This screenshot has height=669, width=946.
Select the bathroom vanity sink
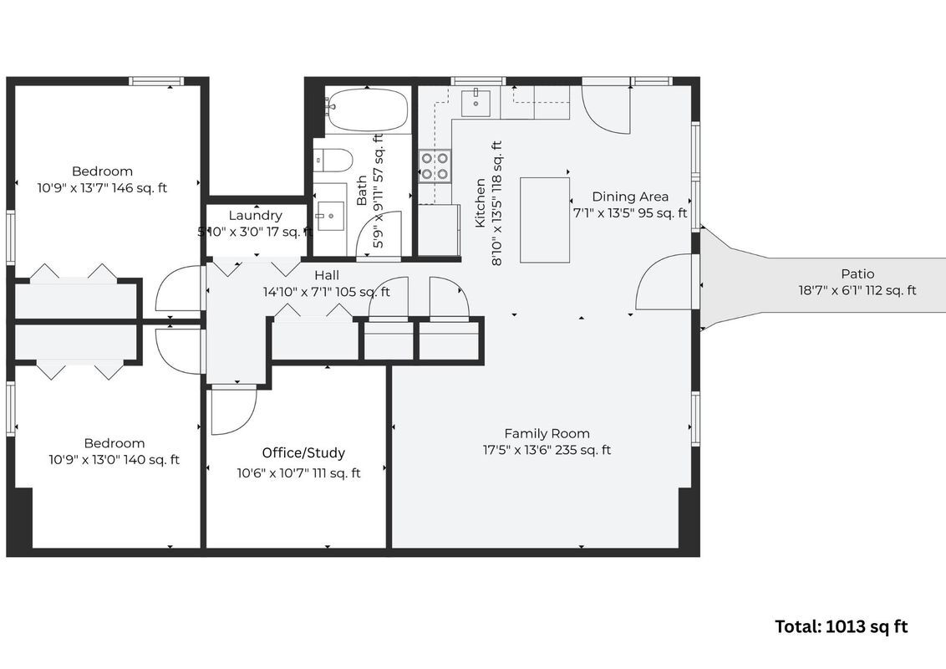coord(330,216)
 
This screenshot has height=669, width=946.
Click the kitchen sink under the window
coord(476,102)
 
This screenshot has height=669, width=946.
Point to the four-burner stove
coord(435,166)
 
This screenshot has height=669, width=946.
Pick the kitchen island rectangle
coord(545,220)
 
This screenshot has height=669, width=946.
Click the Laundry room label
coord(255,216)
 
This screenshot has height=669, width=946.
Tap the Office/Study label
coord(303,453)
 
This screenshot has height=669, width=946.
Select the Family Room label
coord(547,433)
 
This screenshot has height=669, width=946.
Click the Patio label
coord(857,274)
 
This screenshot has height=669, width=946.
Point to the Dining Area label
coord(630,197)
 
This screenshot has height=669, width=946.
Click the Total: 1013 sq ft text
coord(841,626)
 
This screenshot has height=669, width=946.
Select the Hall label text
coord(327,275)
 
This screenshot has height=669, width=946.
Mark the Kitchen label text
coord(481,203)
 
